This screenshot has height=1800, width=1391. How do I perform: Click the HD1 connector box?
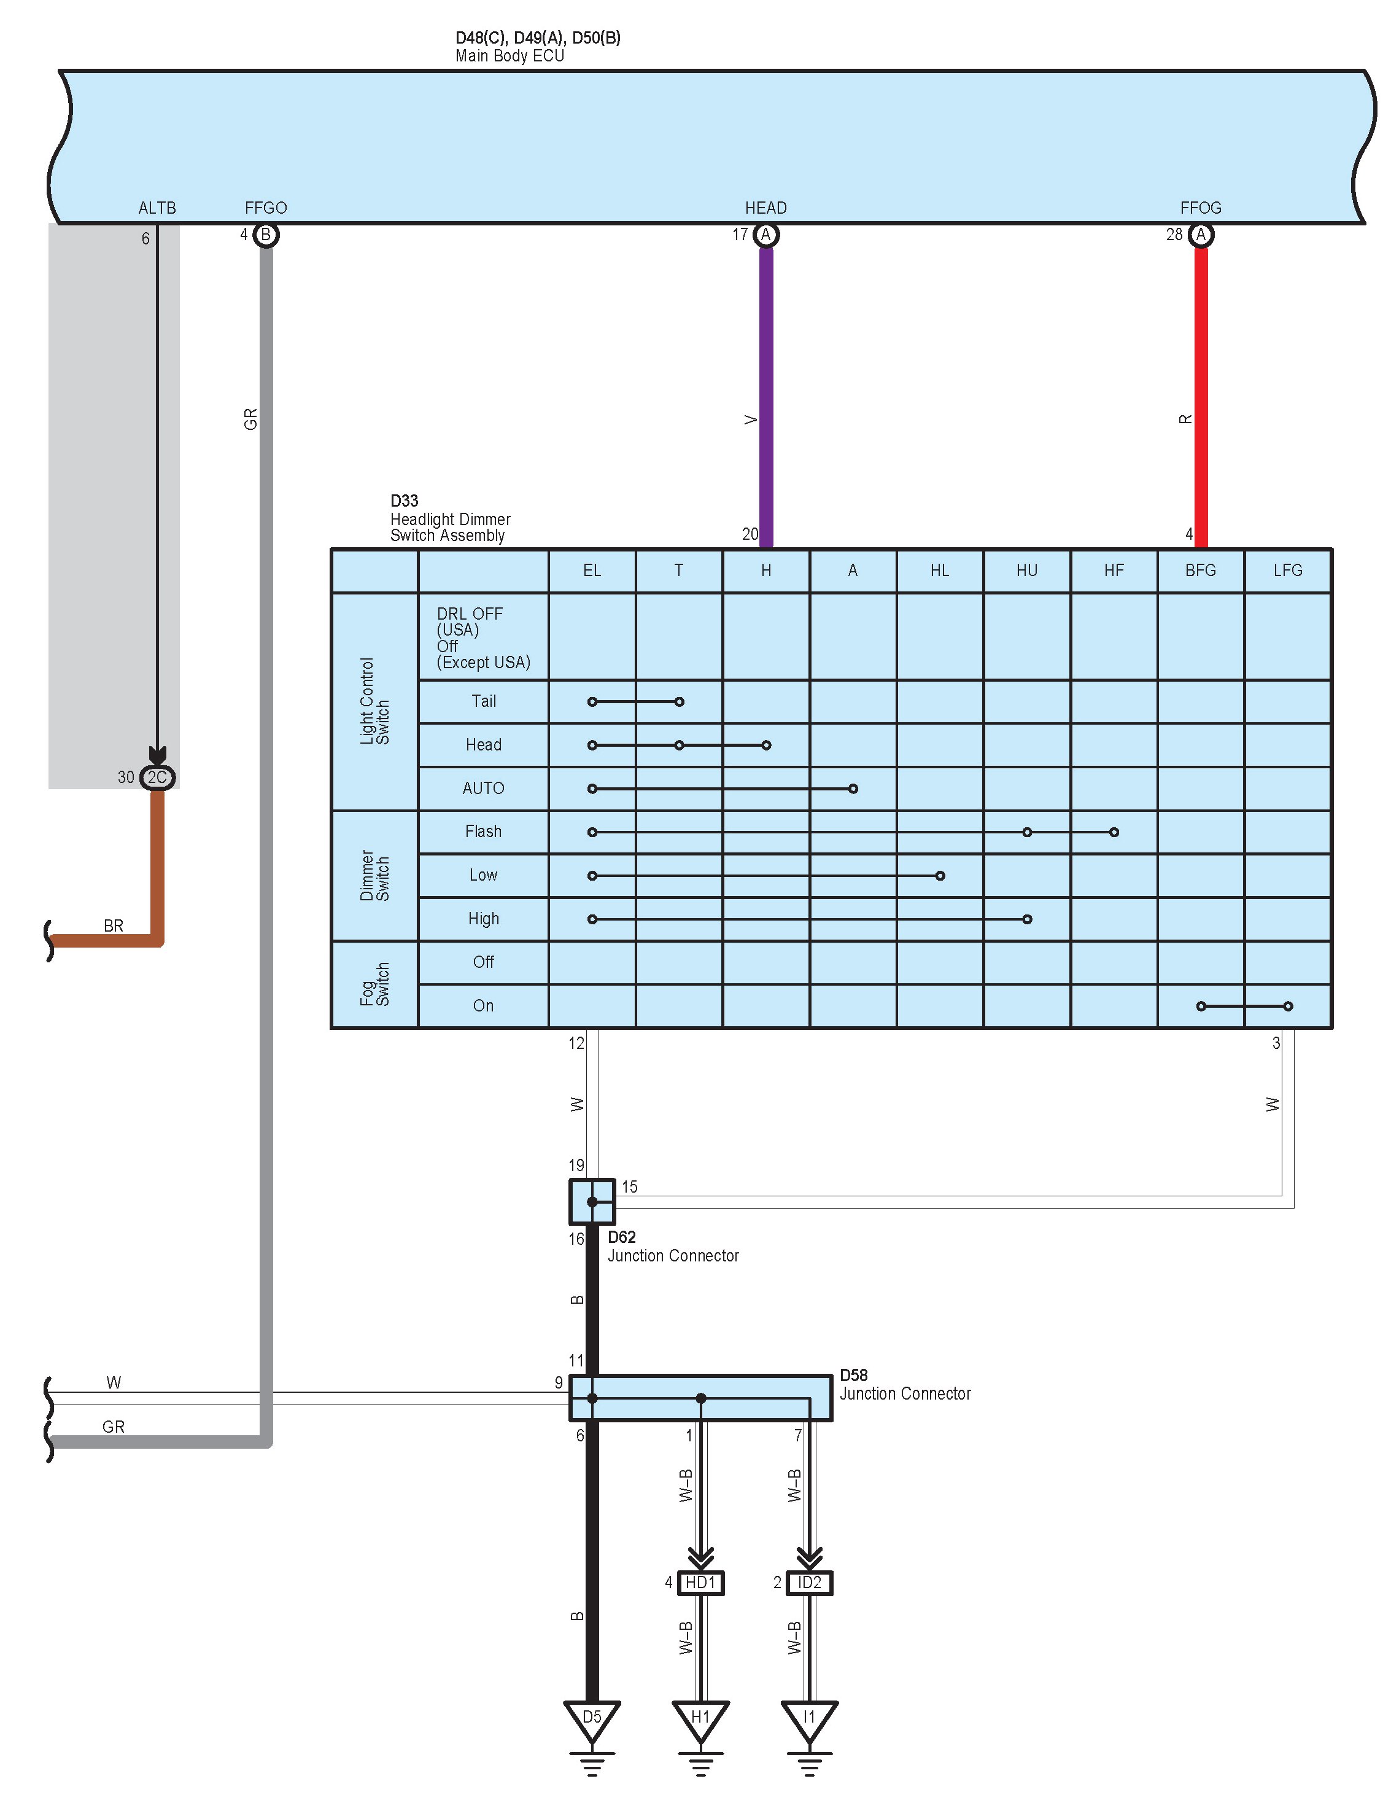[700, 1583]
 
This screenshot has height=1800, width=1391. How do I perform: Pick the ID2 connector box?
[809, 1583]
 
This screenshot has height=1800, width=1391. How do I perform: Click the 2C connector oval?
[157, 777]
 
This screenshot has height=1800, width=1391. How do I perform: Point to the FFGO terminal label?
[265, 208]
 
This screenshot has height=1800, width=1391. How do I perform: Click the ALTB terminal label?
[157, 208]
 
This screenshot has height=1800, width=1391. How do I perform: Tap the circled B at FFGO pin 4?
[265, 235]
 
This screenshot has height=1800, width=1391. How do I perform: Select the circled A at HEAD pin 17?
[765, 235]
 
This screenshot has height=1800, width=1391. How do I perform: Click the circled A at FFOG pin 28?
[1201, 235]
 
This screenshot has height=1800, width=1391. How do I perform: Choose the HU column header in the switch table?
[1027, 571]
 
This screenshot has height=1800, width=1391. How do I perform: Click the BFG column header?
[1201, 571]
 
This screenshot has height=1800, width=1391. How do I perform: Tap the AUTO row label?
[483, 789]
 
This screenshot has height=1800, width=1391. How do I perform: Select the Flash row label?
[483, 832]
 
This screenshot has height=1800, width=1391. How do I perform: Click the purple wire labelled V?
[765, 395]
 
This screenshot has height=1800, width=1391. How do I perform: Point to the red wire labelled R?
[1201, 395]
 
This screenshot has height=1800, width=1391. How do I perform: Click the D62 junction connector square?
[592, 1202]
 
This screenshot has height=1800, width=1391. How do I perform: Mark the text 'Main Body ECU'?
[510, 56]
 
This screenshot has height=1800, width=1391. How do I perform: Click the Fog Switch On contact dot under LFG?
[1288, 1005]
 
